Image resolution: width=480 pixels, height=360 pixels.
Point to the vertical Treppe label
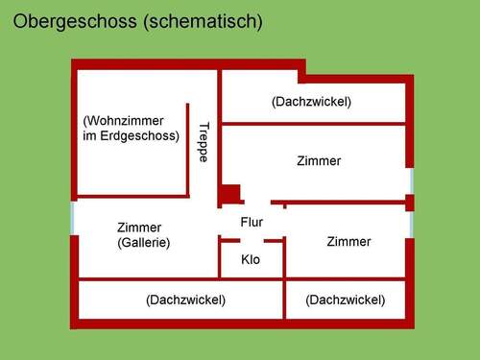tap(204, 142)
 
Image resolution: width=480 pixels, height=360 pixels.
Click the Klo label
tap(251, 259)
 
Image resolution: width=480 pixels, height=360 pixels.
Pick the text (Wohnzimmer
tap(124, 121)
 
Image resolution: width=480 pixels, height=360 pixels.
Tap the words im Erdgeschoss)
tap(132, 136)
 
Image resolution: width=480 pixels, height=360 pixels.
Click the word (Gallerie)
tap(143, 243)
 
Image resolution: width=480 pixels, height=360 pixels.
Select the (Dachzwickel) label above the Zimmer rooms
tap(311, 101)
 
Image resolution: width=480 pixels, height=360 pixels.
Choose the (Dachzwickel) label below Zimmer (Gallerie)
tap(186, 300)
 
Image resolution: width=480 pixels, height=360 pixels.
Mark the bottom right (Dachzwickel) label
tap(346, 300)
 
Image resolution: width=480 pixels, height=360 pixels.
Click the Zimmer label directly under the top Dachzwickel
tap(320, 161)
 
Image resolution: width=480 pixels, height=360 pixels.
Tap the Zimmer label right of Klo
tap(348, 241)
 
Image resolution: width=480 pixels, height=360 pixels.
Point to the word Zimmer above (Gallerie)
tap(139, 228)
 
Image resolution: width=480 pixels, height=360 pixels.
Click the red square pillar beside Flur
tap(229, 194)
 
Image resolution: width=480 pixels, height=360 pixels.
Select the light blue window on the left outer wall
tap(73, 217)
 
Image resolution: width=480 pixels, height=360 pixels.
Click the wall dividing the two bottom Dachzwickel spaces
tap(284, 300)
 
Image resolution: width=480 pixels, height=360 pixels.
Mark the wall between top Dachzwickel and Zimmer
tap(313, 123)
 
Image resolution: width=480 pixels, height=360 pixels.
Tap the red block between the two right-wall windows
tap(410, 203)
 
